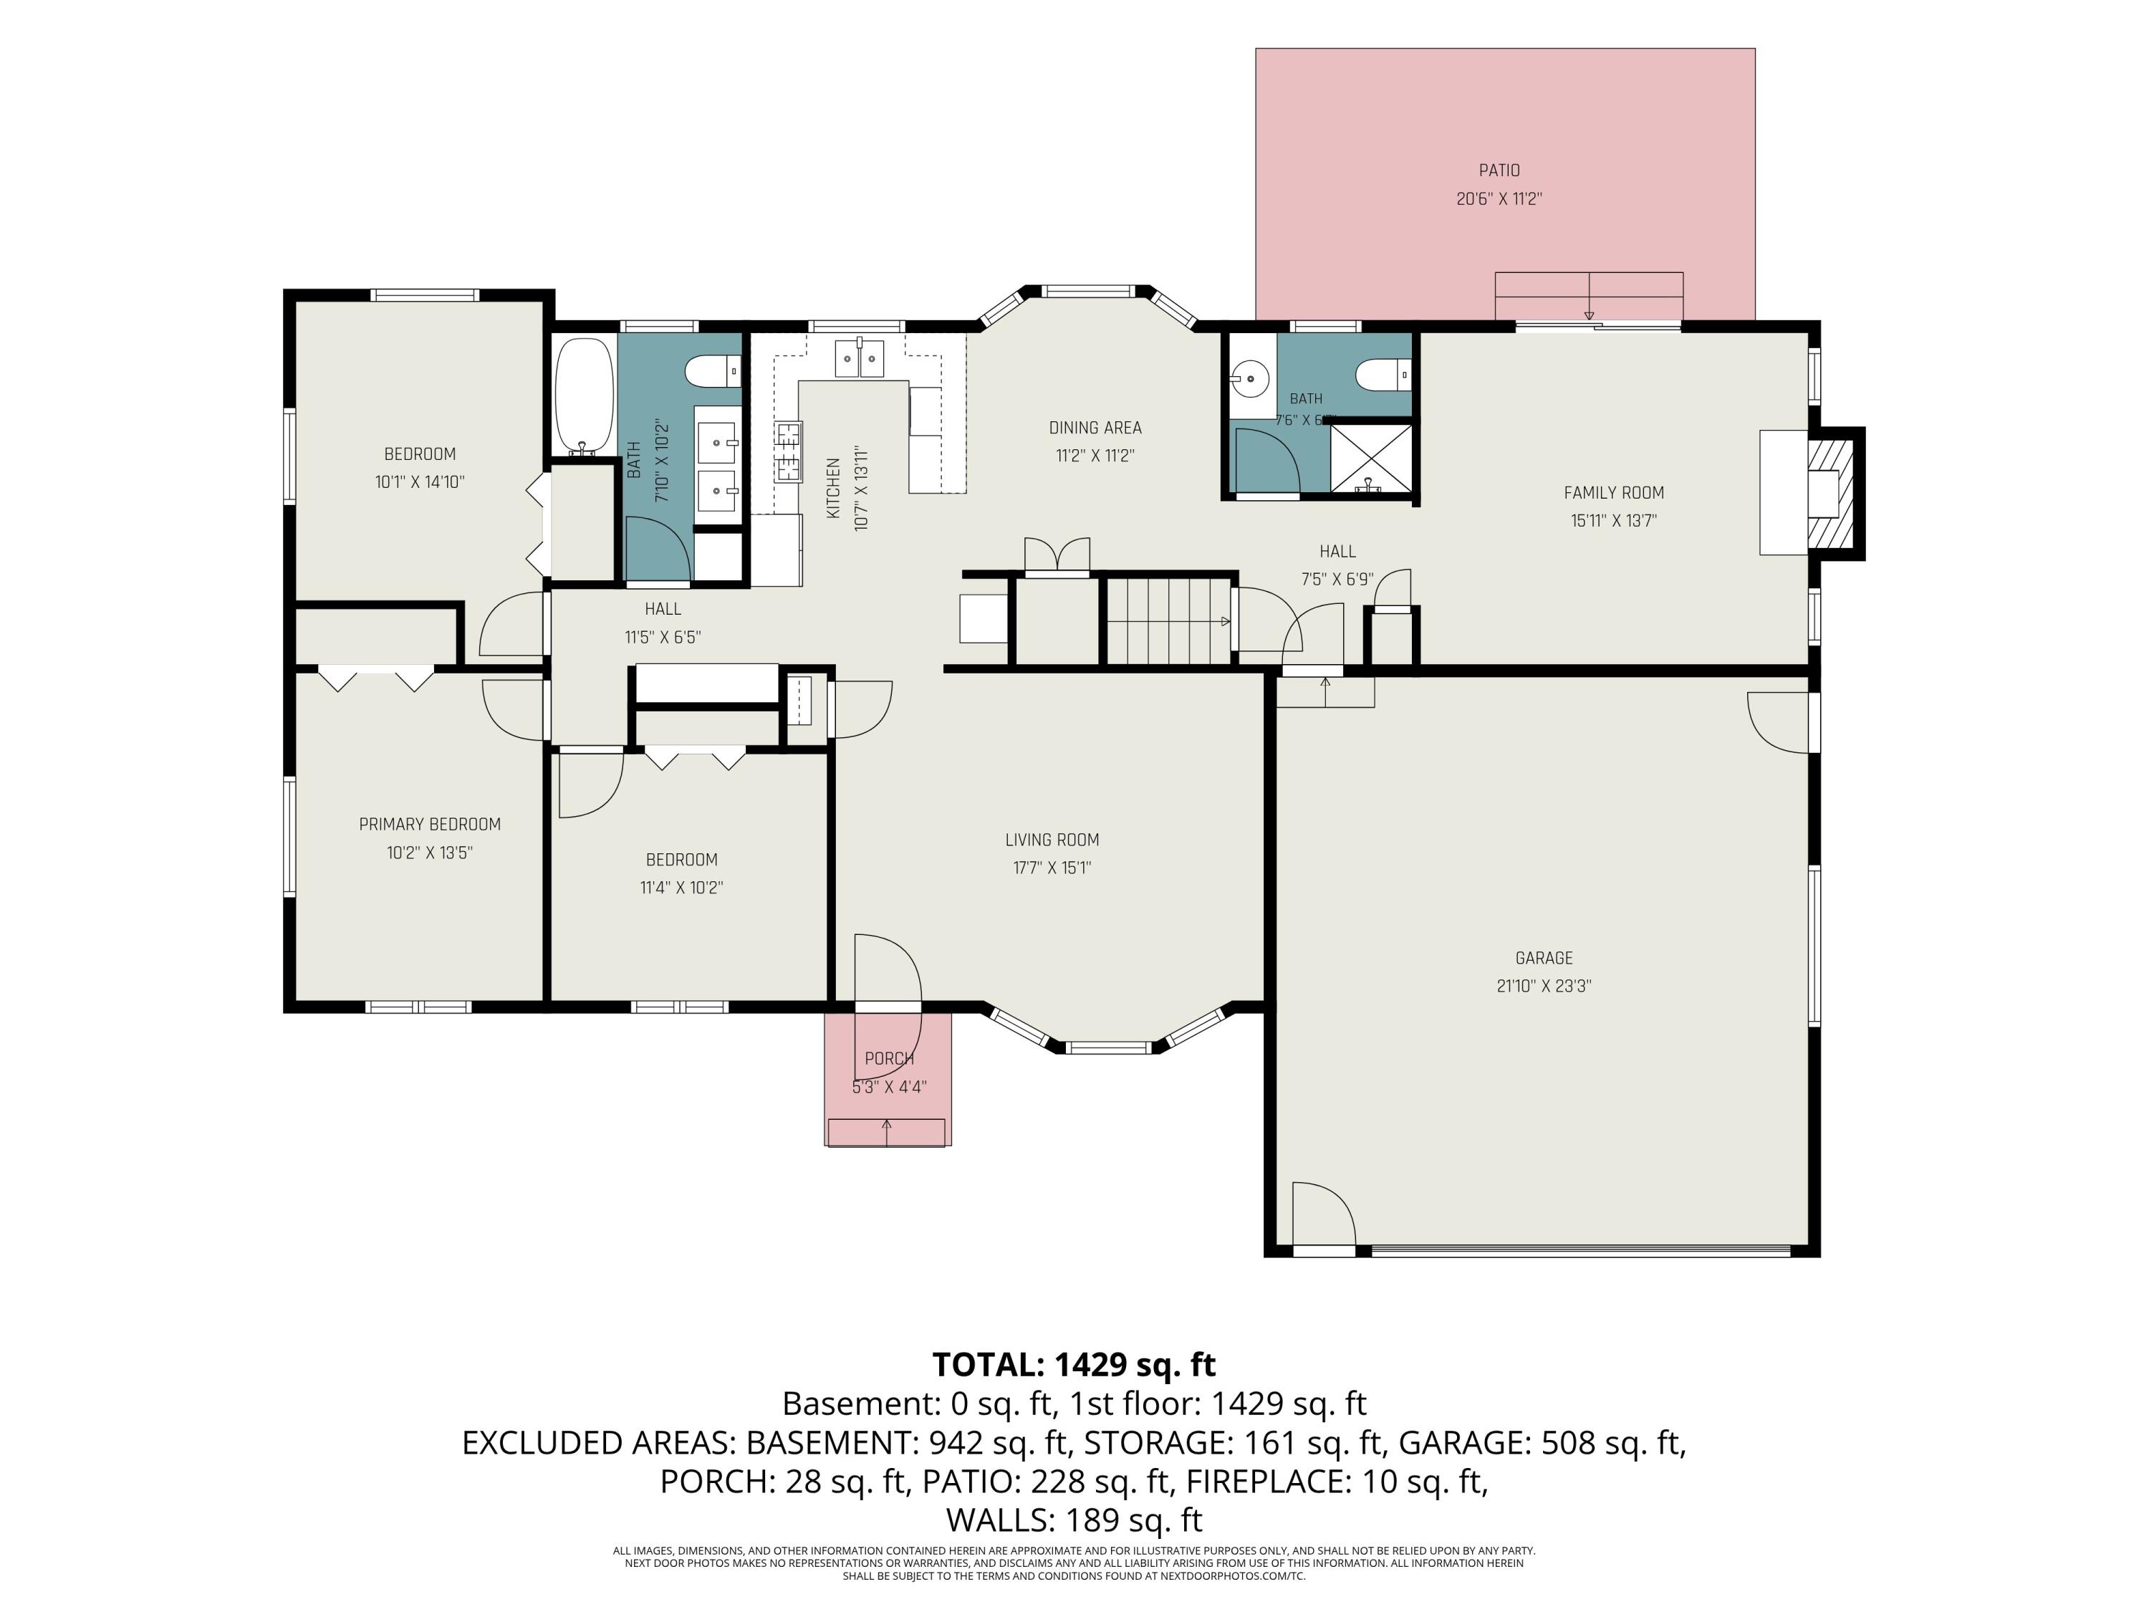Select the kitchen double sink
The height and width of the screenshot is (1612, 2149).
pyautogui.click(x=860, y=358)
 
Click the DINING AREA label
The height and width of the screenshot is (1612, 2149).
pyautogui.click(x=1095, y=428)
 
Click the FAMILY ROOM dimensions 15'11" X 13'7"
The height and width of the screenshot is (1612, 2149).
pyautogui.click(x=1614, y=521)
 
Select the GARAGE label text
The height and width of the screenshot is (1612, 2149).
pyautogui.click(x=1544, y=958)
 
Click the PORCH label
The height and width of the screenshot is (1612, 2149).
pyautogui.click(x=889, y=1059)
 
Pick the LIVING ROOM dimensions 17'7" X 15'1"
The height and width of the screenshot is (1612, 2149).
pyautogui.click(x=1052, y=868)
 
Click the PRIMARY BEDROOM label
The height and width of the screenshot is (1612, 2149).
pyautogui.click(x=429, y=825)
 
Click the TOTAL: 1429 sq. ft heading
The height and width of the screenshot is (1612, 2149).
pyautogui.click(x=1074, y=1366)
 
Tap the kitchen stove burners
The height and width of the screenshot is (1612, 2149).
pyautogui.click(x=788, y=452)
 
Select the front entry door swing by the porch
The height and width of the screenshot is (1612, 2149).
pyautogui.click(x=887, y=968)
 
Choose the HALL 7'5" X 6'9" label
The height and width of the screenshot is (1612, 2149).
pyautogui.click(x=1338, y=565)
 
